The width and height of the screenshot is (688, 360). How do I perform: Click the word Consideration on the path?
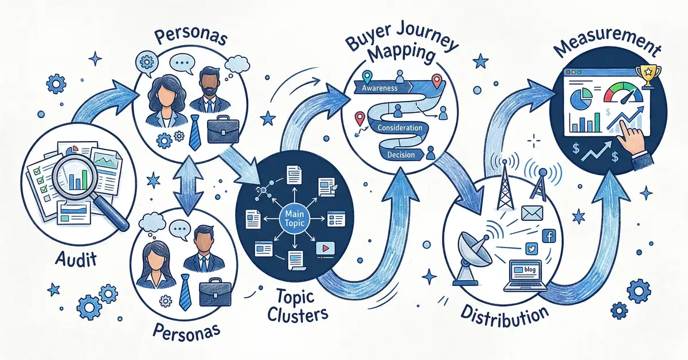[401, 127]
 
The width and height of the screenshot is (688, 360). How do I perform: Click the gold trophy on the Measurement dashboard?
[649, 76]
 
